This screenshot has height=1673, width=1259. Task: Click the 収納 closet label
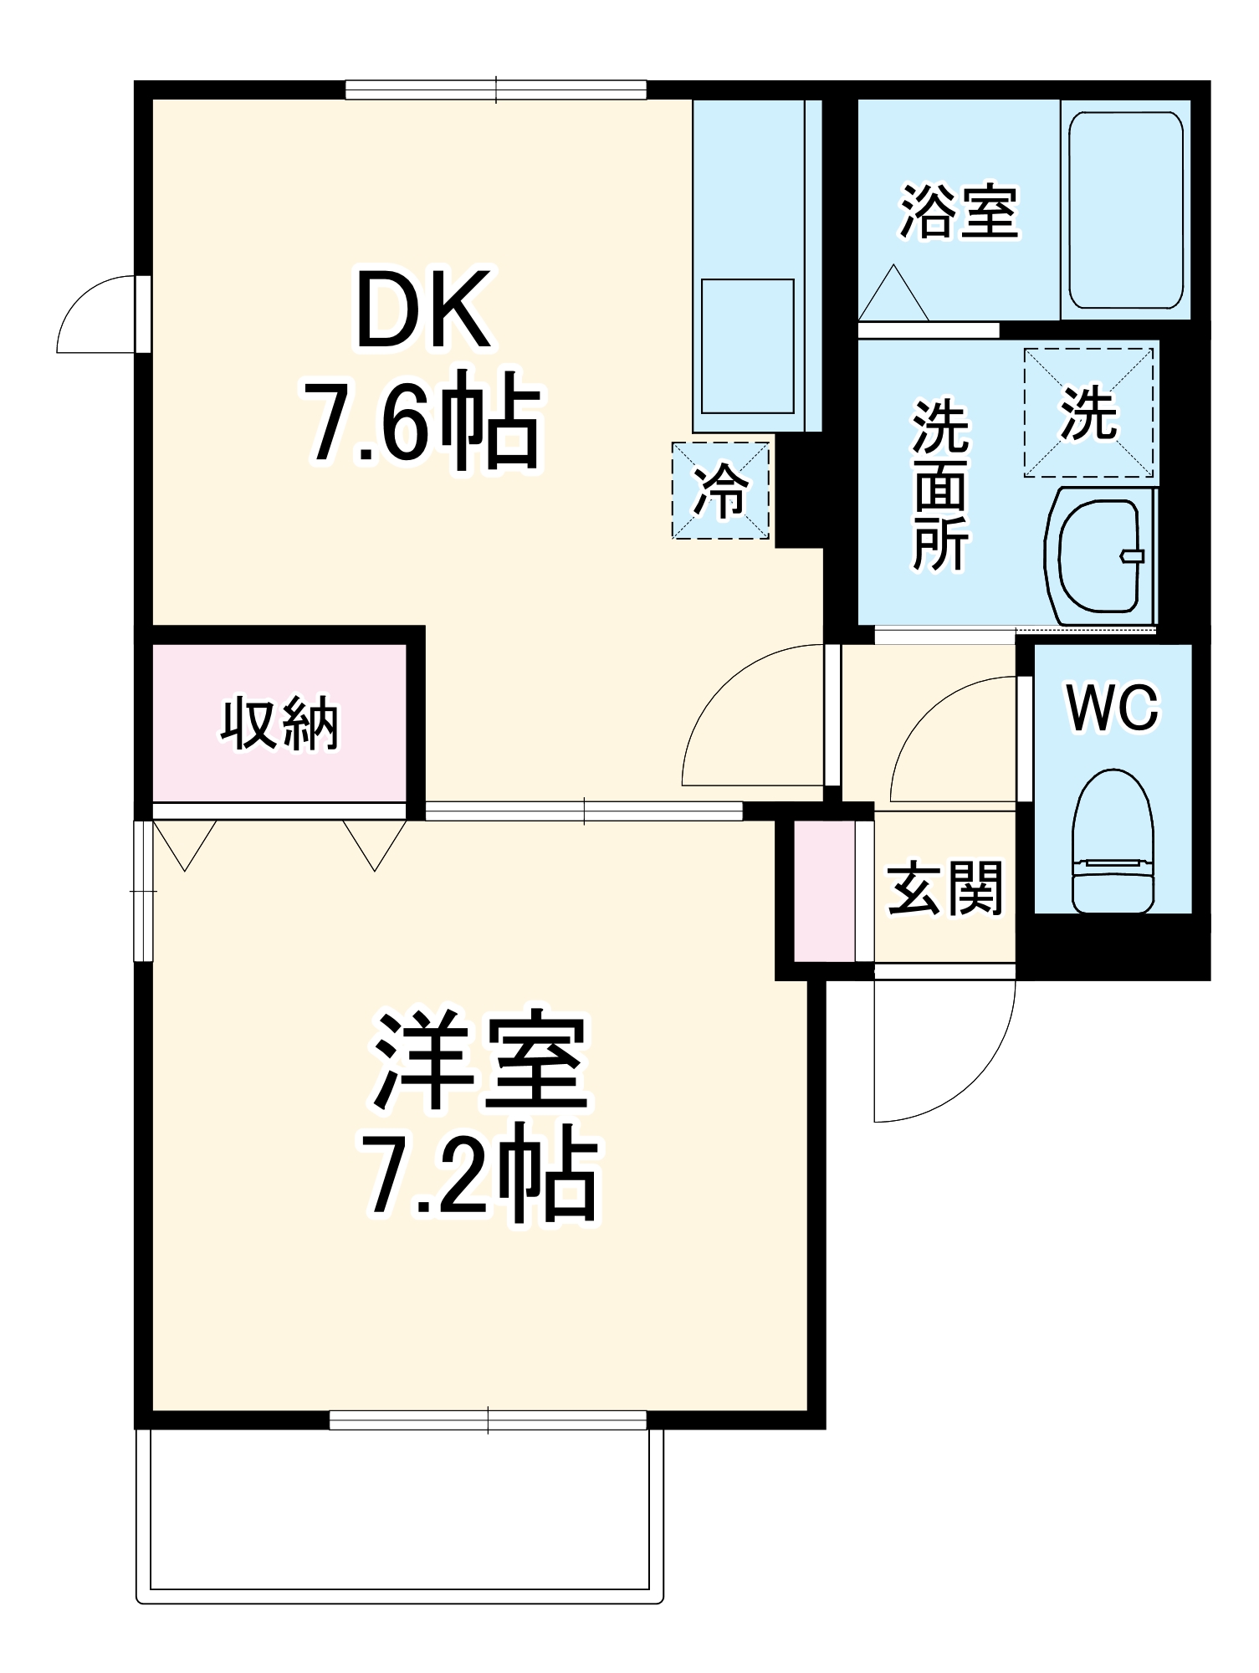[x=279, y=723]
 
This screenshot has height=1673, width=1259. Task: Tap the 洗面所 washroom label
[x=940, y=485]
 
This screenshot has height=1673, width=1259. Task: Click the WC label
[x=1113, y=708]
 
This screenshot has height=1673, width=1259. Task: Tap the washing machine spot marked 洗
[x=1088, y=412]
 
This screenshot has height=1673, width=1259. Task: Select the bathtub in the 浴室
[x=1125, y=209]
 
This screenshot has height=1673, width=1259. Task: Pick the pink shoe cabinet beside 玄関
[x=824, y=892]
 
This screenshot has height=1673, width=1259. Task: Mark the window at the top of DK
[x=496, y=90]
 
